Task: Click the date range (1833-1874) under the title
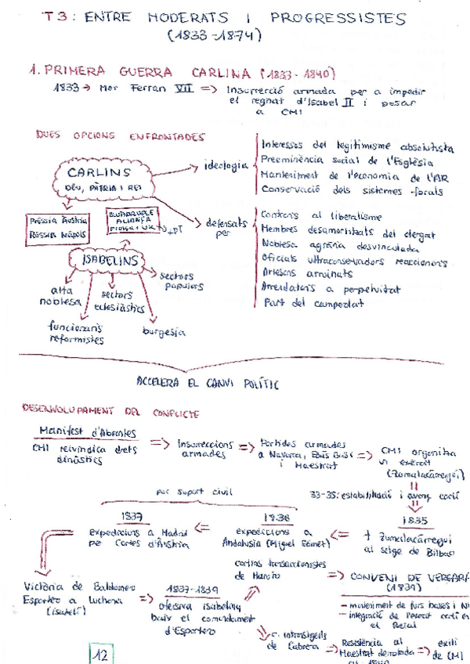pyautogui.click(x=214, y=34)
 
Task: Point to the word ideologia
pyautogui.click(x=224, y=165)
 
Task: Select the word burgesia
pyautogui.click(x=164, y=332)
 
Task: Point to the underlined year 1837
pyautogui.click(x=131, y=515)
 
